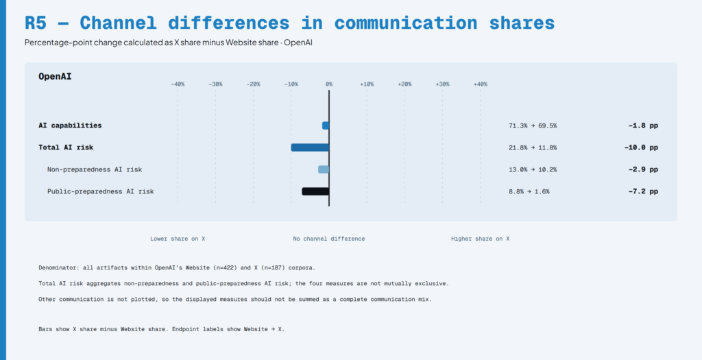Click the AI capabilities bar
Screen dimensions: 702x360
326,125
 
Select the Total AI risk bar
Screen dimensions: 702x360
310,147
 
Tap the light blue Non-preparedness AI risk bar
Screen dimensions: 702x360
324,169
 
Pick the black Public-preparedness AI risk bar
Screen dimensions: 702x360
315,191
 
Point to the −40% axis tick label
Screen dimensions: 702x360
178,84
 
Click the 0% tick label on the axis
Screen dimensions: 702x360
329,84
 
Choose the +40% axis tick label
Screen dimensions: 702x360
481,84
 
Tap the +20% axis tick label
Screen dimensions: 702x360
404,84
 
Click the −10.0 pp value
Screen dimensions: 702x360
641,147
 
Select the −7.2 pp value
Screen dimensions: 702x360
643,191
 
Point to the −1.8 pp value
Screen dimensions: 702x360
643,125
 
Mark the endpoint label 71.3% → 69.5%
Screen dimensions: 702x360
533,125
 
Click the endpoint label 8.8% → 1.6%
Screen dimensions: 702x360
529,191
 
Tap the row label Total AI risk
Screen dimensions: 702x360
66,147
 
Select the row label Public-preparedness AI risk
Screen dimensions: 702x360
101,191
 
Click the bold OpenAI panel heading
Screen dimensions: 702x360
55,77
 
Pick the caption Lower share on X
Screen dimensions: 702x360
178,239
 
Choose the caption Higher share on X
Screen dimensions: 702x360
480,239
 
